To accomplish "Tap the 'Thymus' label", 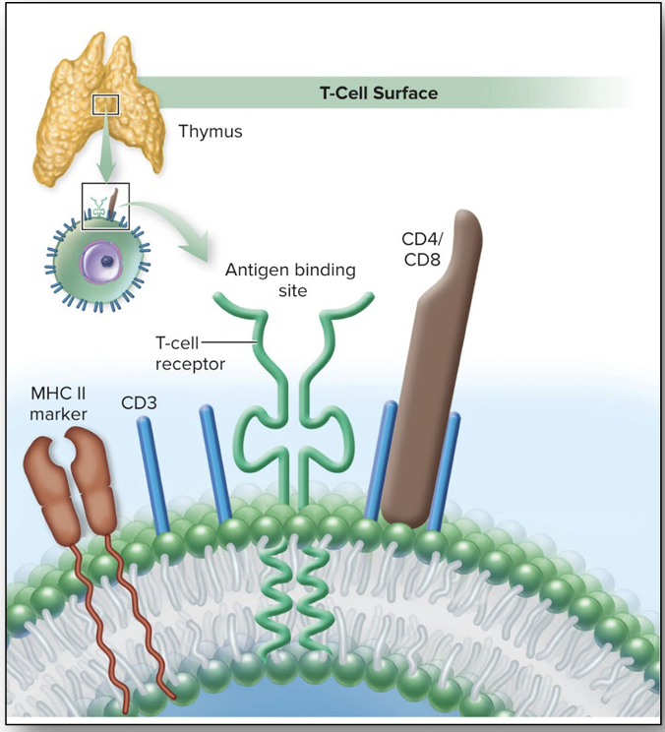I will pos(209,130).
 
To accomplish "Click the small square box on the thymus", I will pos(105,103).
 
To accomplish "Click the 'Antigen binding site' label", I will pos(290,278).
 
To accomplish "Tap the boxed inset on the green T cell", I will pos(105,205).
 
